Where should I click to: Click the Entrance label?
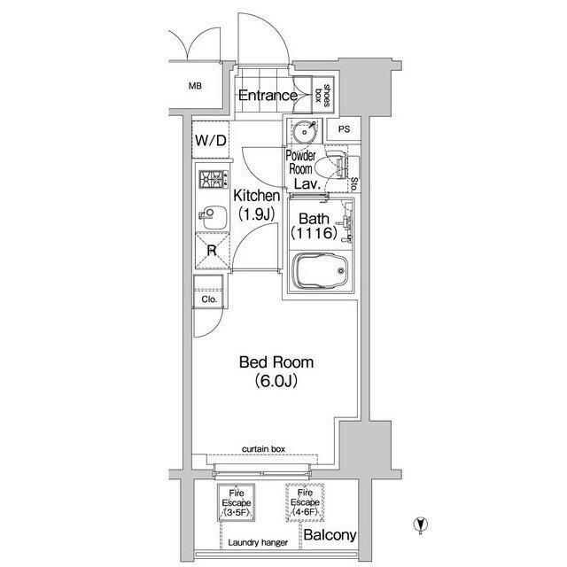click(x=268, y=96)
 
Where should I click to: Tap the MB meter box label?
click(x=195, y=86)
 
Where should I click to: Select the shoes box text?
click(x=322, y=96)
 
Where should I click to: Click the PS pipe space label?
click(x=345, y=128)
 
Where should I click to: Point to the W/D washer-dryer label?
click(x=211, y=140)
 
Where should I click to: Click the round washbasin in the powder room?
click(x=305, y=132)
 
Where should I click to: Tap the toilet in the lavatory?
click(x=331, y=167)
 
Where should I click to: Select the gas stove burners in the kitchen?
click(x=214, y=179)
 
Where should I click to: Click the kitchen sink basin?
click(x=214, y=217)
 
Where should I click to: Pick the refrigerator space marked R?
click(x=213, y=251)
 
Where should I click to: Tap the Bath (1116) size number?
click(x=315, y=233)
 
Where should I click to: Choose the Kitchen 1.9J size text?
click(x=257, y=214)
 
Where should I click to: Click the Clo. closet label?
click(x=209, y=299)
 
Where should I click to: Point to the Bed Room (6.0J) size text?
click(x=276, y=381)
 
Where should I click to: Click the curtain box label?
click(x=264, y=449)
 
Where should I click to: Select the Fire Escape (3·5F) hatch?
click(x=237, y=502)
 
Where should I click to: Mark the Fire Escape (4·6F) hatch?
click(x=305, y=502)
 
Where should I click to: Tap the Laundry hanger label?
click(x=258, y=542)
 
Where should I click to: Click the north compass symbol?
click(x=421, y=524)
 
